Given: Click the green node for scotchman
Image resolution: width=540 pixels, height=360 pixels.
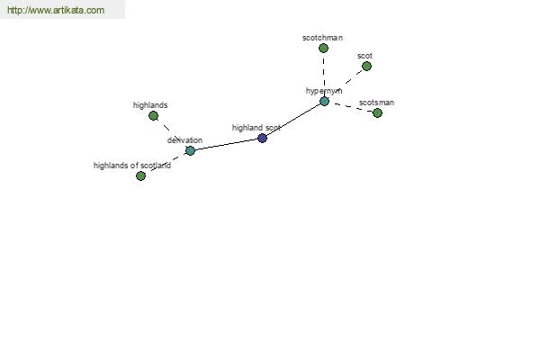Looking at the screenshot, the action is click(x=323, y=49).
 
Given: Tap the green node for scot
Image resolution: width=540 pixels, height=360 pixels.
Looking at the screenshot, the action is click(x=367, y=66).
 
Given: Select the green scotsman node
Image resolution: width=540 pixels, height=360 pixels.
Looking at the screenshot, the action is click(x=377, y=112).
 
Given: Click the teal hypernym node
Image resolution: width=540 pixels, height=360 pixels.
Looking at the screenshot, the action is click(x=324, y=102).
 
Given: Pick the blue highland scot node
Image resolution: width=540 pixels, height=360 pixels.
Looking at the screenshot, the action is click(x=263, y=138).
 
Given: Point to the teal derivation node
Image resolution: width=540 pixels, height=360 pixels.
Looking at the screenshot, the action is click(x=190, y=150).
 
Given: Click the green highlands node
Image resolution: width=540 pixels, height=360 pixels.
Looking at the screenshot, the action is click(x=154, y=116).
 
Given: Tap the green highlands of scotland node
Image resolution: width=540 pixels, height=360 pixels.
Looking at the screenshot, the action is click(x=140, y=176).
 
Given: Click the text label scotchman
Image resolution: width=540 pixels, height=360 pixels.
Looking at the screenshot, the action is click(x=323, y=38).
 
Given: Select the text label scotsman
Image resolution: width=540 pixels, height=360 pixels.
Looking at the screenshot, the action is click(x=376, y=103).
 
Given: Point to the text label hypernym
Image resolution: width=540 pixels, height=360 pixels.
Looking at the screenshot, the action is click(x=324, y=91).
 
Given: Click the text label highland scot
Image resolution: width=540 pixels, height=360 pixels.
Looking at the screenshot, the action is click(x=256, y=128).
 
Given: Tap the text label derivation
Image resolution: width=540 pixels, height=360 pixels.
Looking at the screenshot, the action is click(x=184, y=140).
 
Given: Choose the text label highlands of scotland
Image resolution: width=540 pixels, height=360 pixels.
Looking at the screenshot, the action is click(x=132, y=166).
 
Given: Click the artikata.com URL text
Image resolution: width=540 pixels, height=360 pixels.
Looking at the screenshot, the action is click(x=56, y=10).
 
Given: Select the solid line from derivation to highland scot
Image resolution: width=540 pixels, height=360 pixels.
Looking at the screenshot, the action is click(x=226, y=144).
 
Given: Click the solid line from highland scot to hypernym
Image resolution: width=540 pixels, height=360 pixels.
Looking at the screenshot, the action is click(x=293, y=120).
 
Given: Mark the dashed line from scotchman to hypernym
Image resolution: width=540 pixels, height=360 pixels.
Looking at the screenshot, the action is click(x=324, y=75).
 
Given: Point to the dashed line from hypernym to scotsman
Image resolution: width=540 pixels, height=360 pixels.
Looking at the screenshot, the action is click(x=351, y=107).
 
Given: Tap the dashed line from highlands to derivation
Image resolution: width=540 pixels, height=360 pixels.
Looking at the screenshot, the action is click(x=172, y=133).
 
